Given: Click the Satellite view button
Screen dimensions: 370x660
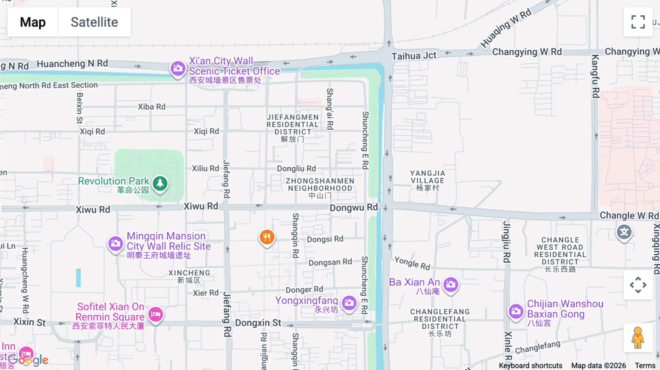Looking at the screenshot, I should (94, 22).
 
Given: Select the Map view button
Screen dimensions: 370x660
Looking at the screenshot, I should (33, 22).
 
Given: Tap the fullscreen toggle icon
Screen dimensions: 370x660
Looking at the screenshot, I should (638, 22).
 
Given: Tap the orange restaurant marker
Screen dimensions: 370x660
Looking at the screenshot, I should (267, 237).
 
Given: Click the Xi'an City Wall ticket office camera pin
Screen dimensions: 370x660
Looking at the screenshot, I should (178, 69).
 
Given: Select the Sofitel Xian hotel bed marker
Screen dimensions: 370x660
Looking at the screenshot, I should (155, 314).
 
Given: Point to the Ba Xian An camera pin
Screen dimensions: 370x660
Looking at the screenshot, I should (451, 284).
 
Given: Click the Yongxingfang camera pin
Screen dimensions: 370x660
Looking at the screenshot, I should (349, 303).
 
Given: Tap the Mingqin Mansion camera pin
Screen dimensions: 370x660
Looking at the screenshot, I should (115, 243).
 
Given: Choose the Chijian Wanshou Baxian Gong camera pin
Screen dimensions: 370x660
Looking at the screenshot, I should (516, 311).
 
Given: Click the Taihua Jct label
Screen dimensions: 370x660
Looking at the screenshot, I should (414, 56).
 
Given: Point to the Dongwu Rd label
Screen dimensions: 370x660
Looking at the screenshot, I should (353, 208).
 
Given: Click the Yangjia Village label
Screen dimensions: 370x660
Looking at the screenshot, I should (428, 180).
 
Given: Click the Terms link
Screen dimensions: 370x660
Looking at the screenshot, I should (645, 365).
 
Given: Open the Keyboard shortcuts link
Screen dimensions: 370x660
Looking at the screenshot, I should (530, 365).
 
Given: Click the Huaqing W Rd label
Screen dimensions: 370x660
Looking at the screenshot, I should (506, 28).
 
